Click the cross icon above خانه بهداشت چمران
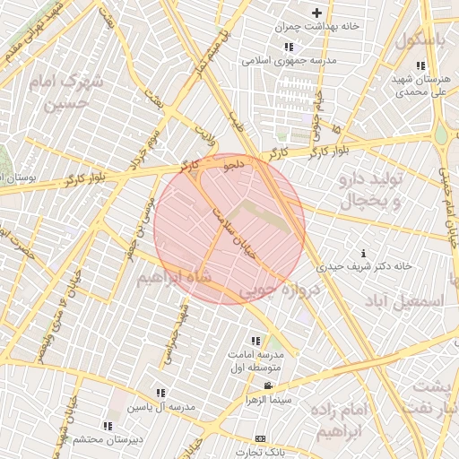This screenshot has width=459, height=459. (316, 13)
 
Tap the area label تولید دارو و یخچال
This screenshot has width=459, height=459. (372, 190)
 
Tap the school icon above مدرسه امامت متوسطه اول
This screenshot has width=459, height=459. (255, 341)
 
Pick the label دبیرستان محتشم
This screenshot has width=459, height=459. (105, 438)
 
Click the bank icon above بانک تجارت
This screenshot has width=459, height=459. (260, 438)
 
